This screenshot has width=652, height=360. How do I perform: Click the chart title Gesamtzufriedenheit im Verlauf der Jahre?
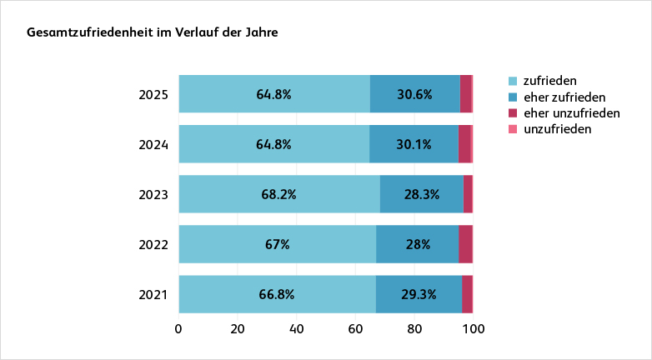pyautogui.click(x=153, y=33)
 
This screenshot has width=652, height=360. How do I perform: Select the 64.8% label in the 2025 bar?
pyautogui.click(x=273, y=94)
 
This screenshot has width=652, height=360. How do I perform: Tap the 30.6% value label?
pyautogui.click(x=414, y=94)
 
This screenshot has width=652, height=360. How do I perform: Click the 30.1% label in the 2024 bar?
pyautogui.click(x=414, y=144)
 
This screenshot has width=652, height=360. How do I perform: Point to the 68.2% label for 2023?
pyautogui.click(x=278, y=194)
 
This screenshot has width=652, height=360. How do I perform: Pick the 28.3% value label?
pyautogui.click(x=421, y=194)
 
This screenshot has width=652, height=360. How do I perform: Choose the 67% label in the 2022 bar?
pyautogui.click(x=277, y=244)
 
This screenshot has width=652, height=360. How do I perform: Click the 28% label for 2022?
pyautogui.click(x=417, y=244)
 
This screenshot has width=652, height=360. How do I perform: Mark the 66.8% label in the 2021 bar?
pyautogui.click(x=277, y=294)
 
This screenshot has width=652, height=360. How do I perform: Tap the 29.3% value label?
pyautogui.click(x=419, y=294)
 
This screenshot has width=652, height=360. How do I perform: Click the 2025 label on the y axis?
pyautogui.click(x=153, y=94)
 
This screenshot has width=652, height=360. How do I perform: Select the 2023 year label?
pyautogui.click(x=153, y=194)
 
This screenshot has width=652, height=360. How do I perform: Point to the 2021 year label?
pyautogui.click(x=153, y=294)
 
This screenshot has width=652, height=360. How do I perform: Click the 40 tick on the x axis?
pyautogui.click(x=296, y=328)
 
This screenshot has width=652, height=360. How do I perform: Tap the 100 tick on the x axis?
pyautogui.click(x=473, y=328)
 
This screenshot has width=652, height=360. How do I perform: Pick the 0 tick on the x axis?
pyautogui.click(x=178, y=328)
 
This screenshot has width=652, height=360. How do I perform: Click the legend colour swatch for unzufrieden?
pyautogui.click(x=513, y=129)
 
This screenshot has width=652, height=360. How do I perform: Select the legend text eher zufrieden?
pyautogui.click(x=564, y=97)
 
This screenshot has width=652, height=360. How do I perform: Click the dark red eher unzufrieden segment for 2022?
pyautogui.click(x=465, y=244)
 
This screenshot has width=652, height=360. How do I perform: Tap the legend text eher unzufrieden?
pyautogui.click(x=571, y=112)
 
